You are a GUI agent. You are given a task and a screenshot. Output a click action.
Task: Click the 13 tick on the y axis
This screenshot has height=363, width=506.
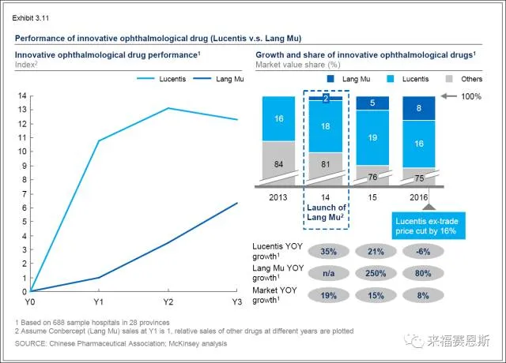pyautogui.click(x=22, y=110)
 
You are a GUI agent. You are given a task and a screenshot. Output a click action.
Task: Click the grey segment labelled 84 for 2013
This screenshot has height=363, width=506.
pyautogui.click(x=278, y=163)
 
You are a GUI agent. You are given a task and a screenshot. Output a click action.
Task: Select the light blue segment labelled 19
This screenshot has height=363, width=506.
pyautogui.click(x=372, y=137)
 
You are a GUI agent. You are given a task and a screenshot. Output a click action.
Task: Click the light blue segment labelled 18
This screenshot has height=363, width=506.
pyautogui.click(x=325, y=126)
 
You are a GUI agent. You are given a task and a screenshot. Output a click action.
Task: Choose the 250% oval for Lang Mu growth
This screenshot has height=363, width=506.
pyautogui.click(x=372, y=273)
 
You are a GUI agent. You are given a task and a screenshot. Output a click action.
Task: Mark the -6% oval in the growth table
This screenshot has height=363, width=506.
pyautogui.click(x=419, y=251)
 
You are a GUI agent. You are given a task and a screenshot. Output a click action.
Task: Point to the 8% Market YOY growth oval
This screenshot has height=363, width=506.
pyautogui.click(x=419, y=295)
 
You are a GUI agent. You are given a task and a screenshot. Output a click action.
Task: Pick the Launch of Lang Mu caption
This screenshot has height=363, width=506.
pyautogui.click(x=326, y=211)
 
